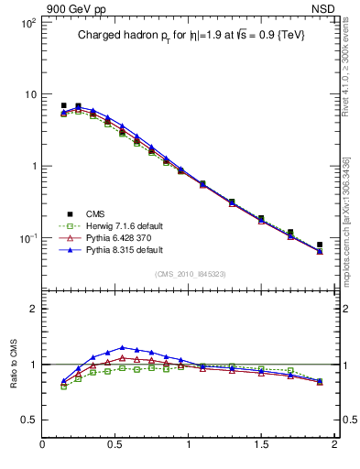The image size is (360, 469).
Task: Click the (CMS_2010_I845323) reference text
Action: click(190, 274)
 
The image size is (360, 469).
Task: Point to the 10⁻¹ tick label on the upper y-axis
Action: click(27, 238)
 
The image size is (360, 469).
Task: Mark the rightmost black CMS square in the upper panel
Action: click(320, 245)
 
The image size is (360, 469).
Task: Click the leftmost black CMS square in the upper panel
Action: click(63, 105)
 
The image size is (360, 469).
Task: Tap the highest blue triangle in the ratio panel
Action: click(122, 347)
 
